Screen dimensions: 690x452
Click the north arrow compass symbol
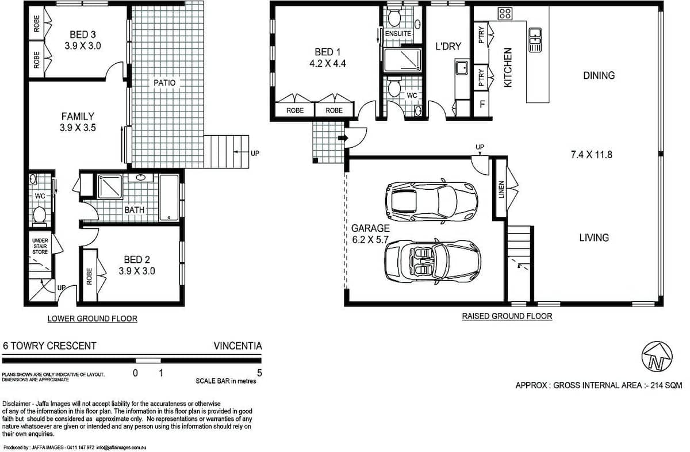pos(657,357)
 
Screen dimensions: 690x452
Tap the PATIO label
pos(164,83)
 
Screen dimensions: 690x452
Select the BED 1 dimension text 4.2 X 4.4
pos(327,64)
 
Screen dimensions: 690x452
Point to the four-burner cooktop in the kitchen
pos(505,14)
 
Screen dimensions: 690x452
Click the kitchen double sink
pos(535,40)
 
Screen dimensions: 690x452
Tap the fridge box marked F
pos(482,104)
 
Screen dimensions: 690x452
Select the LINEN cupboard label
pos(501,189)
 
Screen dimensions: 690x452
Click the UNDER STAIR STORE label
pos(40,246)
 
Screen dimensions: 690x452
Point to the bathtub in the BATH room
pos(169,197)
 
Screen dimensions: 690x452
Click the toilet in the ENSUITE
pos(394,17)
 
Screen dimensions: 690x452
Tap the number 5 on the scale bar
pos(259,373)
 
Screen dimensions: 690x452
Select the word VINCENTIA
pos(238,346)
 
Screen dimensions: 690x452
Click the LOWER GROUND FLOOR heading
pos(93,319)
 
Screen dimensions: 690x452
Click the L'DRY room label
pos(448,46)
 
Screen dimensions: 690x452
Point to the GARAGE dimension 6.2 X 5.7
pos(370,239)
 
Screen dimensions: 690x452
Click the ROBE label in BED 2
pos(89,277)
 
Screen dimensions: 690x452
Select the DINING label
pos(599,75)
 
